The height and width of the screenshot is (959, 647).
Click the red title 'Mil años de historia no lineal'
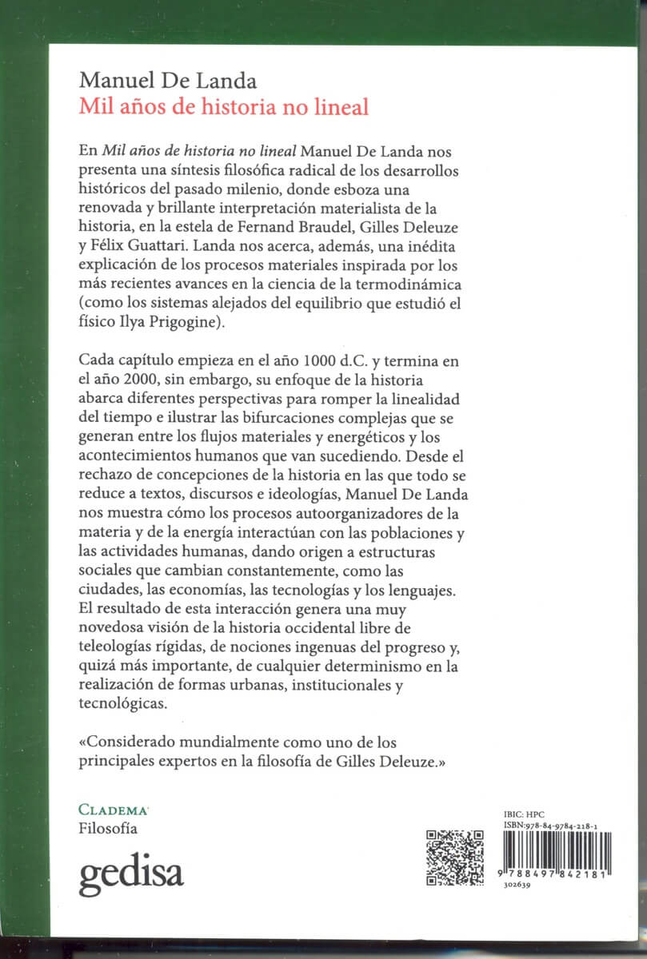point(223,106)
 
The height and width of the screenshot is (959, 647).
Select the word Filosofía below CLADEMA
point(108,828)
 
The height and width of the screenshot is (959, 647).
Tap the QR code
point(455,858)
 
